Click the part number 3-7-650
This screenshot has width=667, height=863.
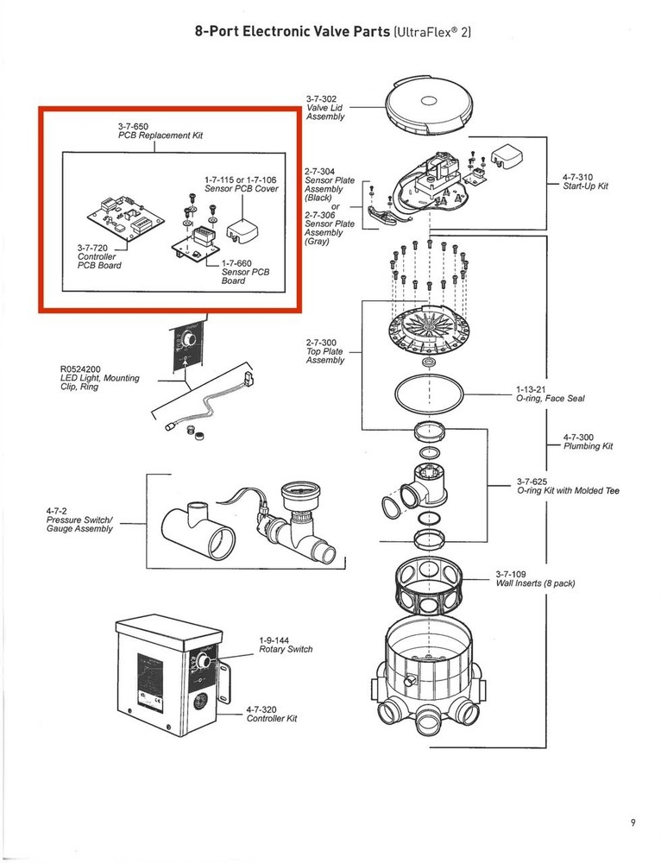pos(137,127)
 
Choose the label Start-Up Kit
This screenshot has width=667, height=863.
pos(585,186)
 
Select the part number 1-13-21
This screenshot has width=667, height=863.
pos(532,389)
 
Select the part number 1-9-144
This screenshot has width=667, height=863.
pos(274,639)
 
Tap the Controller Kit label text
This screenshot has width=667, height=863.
pos(272,719)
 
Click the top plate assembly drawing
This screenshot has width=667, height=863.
pos(429,332)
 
